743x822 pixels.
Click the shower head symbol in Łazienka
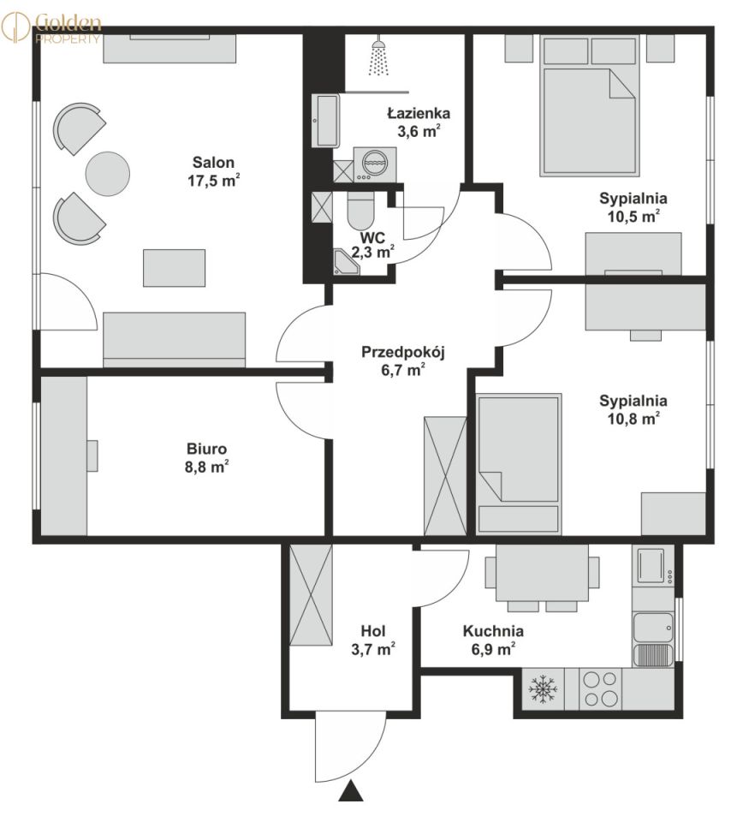pos(379,57)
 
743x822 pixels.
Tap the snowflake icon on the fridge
pos(543,688)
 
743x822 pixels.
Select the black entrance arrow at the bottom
pos(351,790)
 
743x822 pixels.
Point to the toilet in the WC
pos(360,211)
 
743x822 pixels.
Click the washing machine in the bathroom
pos(374,164)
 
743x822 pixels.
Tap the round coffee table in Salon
pos(107,174)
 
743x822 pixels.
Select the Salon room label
pos(213,162)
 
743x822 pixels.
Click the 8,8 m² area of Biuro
pos(206,467)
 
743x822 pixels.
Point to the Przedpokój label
pos(403,352)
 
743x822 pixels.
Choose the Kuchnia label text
pos(493,631)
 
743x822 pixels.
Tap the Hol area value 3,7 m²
pos(373,650)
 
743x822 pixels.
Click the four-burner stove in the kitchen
pos(600,688)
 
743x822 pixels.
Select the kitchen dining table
pos(542,573)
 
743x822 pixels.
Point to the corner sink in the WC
pos(346,262)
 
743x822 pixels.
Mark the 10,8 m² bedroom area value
pos(633,419)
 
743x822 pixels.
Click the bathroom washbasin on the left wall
pos(326,121)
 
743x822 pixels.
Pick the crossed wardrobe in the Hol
pos(311,595)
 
